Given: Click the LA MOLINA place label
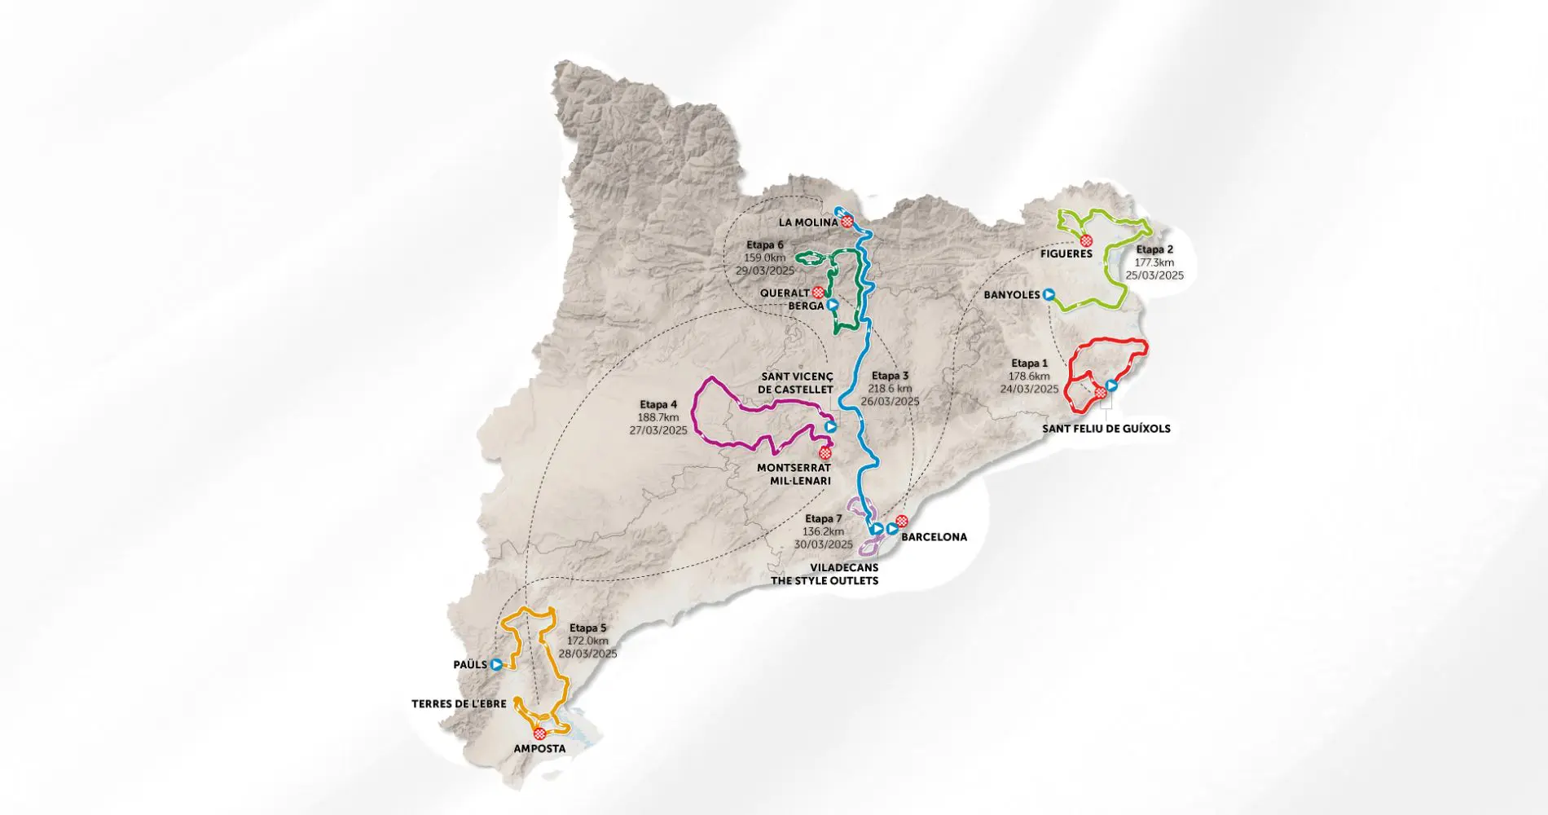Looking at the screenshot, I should pyautogui.click(x=807, y=222).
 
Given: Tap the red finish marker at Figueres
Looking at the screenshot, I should pyautogui.click(x=1086, y=240).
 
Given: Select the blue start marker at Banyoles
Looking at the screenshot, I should pyautogui.click(x=1049, y=295).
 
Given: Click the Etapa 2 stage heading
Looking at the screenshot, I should pyautogui.click(x=1154, y=250).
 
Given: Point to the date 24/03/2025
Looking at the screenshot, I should pyautogui.click(x=1029, y=390).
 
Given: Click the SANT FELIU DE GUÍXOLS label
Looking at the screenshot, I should pyautogui.click(x=1106, y=429).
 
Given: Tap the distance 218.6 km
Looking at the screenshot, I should pyautogui.click(x=889, y=389).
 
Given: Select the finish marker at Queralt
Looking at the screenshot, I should pyautogui.click(x=817, y=292).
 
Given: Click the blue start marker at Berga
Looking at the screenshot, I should pyautogui.click(x=832, y=305).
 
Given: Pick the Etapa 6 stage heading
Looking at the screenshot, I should pyautogui.click(x=764, y=245).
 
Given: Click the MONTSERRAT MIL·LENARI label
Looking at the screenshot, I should pyautogui.click(x=794, y=474).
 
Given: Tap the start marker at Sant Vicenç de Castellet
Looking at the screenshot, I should pyautogui.click(x=830, y=425).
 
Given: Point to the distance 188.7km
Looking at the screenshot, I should pyautogui.click(x=658, y=417).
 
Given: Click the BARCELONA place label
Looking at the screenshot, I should pyautogui.click(x=934, y=537).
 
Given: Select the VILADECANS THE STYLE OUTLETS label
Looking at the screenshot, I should pyautogui.click(x=825, y=574).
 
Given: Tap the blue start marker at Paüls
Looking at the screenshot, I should pyautogui.click(x=496, y=664).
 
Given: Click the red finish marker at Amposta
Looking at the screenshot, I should pyautogui.click(x=539, y=733).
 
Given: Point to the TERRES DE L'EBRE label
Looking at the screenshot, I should pyautogui.click(x=459, y=704).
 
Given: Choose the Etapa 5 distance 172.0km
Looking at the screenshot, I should pyautogui.click(x=587, y=641).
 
